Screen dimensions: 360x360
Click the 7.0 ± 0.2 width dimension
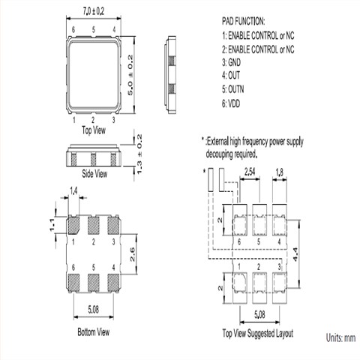point(94,11)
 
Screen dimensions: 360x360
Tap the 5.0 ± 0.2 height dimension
point(130,75)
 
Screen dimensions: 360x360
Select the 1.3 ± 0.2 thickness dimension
point(139,154)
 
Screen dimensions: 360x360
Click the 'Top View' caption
point(94,130)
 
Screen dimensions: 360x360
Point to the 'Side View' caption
point(94,173)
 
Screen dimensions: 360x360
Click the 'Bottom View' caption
point(94,332)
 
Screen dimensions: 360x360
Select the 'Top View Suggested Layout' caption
point(258,333)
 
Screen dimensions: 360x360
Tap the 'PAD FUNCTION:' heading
point(243,21)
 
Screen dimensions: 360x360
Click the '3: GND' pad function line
point(231,62)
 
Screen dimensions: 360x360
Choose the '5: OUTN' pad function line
point(232,89)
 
